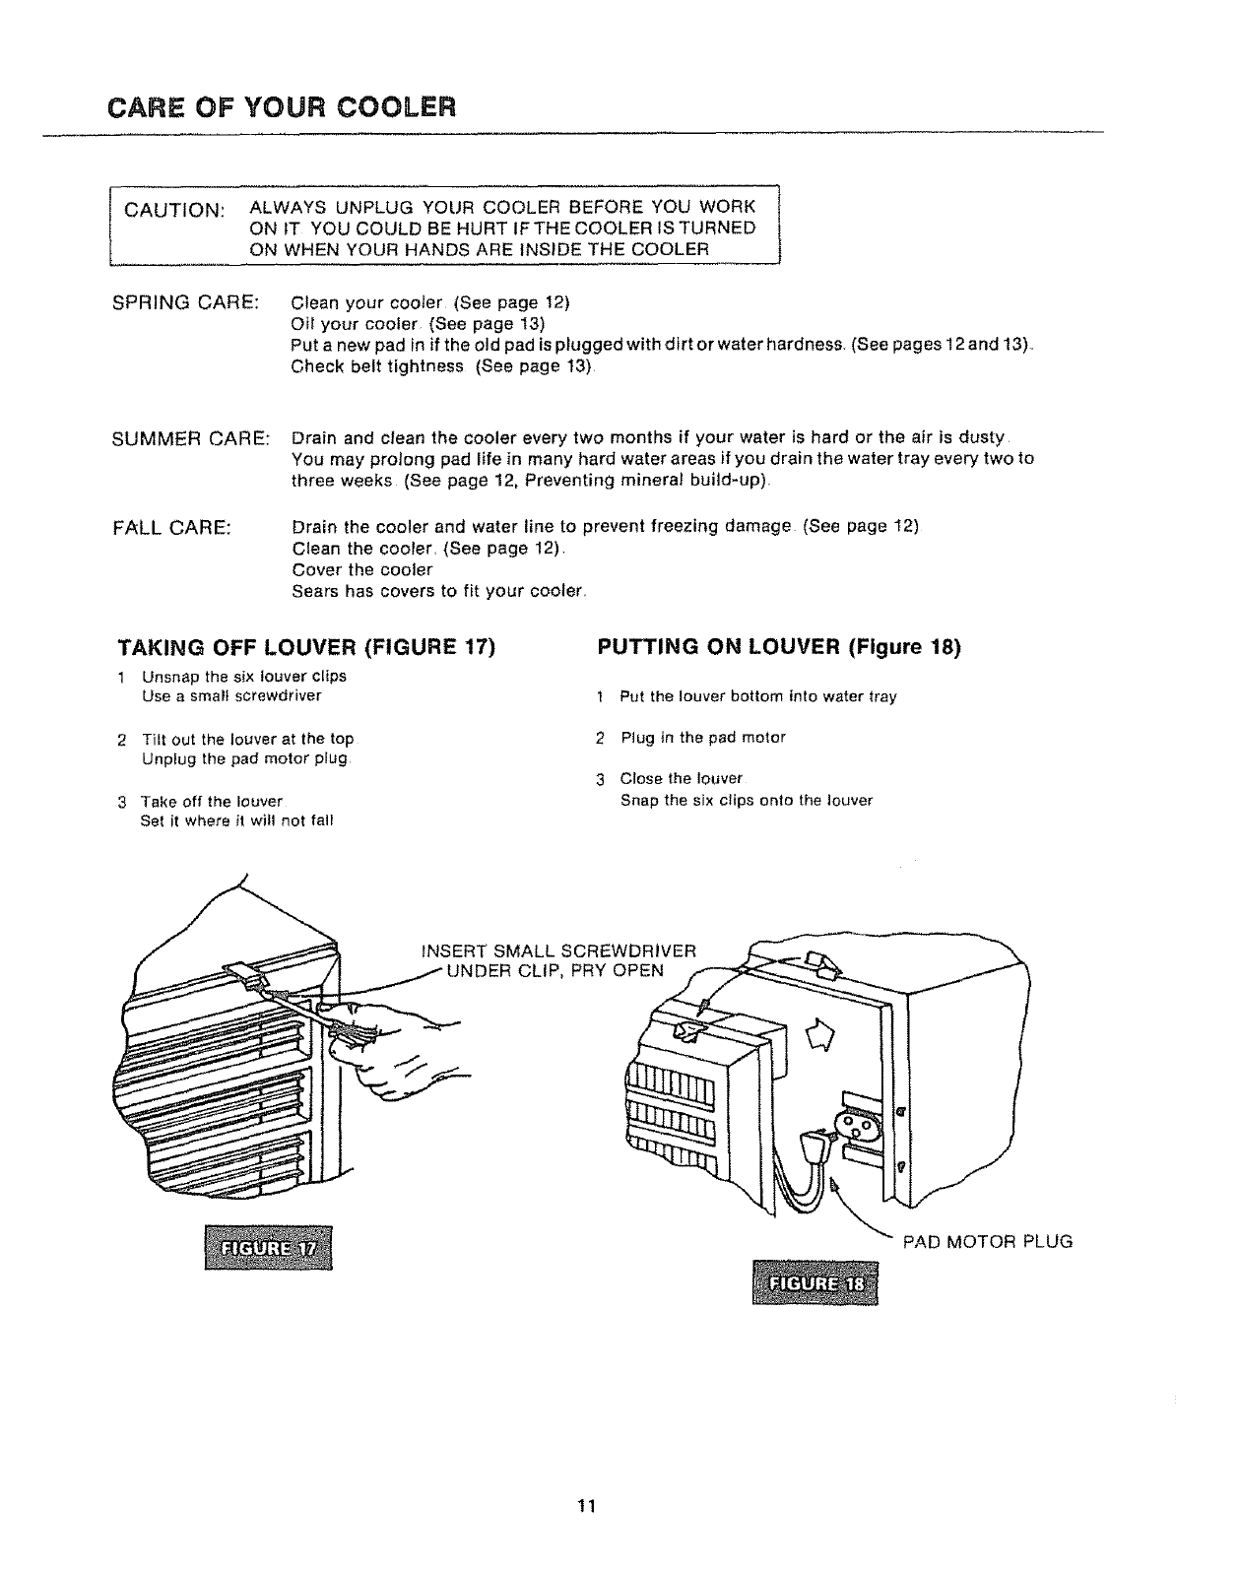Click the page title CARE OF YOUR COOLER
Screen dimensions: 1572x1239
[283, 105]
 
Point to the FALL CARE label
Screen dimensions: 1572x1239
[173, 527]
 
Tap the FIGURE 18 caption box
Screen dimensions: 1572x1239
[813, 1281]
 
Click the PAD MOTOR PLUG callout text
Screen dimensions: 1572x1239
[988, 1241]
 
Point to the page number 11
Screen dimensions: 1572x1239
[588, 1506]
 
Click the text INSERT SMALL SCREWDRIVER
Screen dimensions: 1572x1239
[557, 951]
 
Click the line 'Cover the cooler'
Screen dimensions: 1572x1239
[362, 569]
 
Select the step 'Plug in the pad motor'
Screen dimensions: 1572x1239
[702, 738]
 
